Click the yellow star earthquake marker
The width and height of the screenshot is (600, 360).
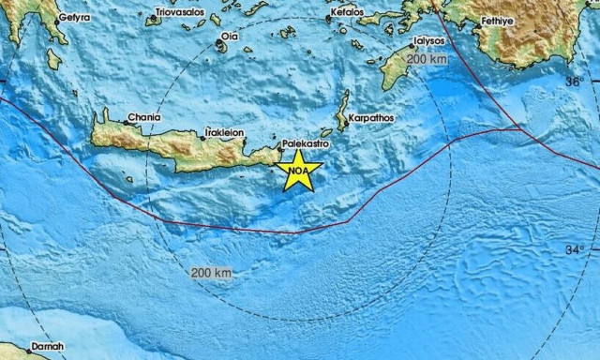[x=299, y=170]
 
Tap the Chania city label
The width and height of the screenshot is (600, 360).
[x=144, y=117]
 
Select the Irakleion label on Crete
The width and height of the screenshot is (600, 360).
[x=223, y=133]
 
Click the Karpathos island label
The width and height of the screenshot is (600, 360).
[x=370, y=118]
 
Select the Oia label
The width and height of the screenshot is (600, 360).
[x=228, y=37]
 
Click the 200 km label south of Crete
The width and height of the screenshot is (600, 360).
[x=210, y=272]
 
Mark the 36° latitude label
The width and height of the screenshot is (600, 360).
[x=573, y=82]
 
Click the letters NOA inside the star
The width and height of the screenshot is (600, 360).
[x=298, y=172]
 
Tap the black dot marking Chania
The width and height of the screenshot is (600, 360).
[x=125, y=121]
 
